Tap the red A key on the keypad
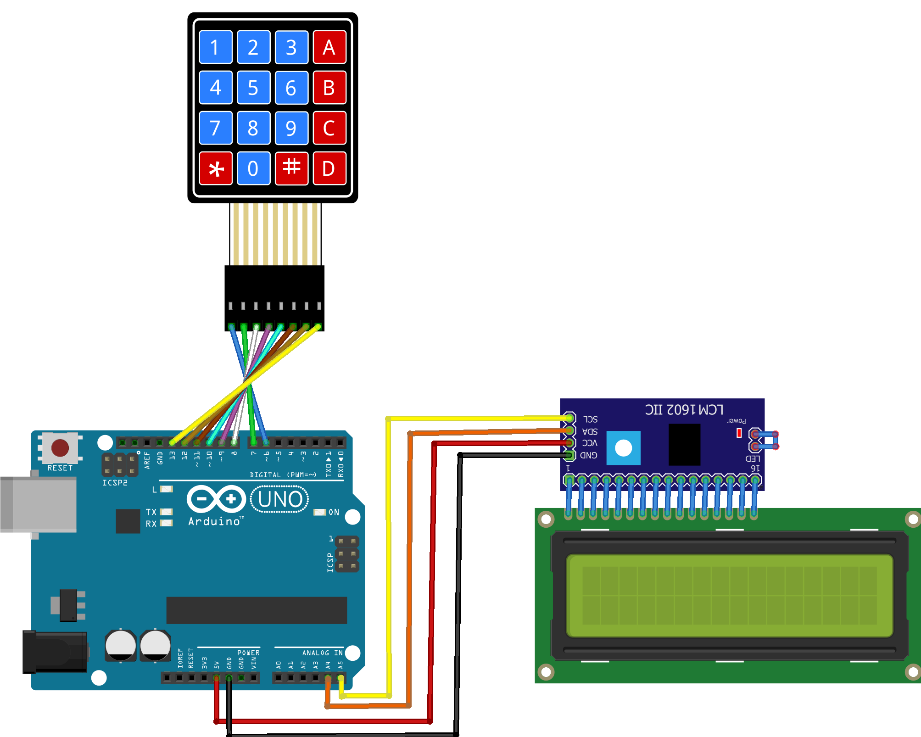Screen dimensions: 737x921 (329, 47)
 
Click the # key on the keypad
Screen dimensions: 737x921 (291, 168)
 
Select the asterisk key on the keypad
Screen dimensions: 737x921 (216, 168)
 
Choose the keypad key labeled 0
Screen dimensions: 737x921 (253, 168)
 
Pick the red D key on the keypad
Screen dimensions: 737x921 (329, 168)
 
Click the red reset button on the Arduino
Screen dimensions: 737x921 (60, 448)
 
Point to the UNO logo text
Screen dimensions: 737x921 (280, 499)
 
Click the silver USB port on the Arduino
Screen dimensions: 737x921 (39, 504)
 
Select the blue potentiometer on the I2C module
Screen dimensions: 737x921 (623, 448)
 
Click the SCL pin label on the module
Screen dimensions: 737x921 (591, 419)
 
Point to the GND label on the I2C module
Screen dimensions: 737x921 (589, 455)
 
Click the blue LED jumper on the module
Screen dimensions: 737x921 (765, 440)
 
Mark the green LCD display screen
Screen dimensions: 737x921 (729, 596)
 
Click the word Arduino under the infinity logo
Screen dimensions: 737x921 (214, 521)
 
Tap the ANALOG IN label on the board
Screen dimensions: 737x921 (322, 653)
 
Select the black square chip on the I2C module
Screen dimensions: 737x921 (684, 444)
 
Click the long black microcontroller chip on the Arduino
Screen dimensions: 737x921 (257, 610)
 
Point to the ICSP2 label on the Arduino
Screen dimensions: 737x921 (115, 483)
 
